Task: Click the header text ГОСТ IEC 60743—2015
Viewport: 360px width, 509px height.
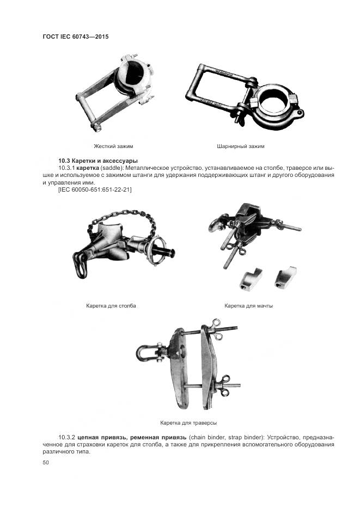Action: pos(76,36)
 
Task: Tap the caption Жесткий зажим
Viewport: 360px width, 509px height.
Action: pos(113,146)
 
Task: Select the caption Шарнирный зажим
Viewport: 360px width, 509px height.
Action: pos(241,146)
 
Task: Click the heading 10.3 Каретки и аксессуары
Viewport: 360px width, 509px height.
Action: pos(98,161)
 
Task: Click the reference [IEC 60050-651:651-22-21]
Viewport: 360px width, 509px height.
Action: pos(95,189)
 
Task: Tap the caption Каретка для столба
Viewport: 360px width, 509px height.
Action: pos(111,306)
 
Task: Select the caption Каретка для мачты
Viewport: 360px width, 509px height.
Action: pos(249,306)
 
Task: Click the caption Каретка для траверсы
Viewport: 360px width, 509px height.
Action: pos(188,423)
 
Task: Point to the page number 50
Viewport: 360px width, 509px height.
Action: pos(46,463)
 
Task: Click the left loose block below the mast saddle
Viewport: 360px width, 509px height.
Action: pos(251,279)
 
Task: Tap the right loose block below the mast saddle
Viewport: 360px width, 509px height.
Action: pos(285,277)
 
